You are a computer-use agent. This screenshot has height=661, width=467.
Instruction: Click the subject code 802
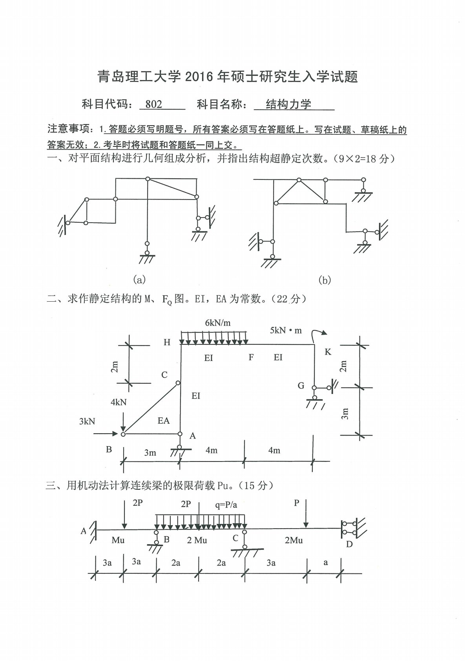(x=153, y=104)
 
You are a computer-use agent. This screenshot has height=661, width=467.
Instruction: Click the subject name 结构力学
(x=288, y=104)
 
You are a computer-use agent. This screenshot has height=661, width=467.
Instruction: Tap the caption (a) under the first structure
(x=139, y=280)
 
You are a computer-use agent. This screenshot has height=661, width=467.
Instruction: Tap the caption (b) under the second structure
(x=325, y=280)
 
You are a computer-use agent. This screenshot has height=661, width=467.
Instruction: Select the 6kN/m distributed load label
(x=218, y=323)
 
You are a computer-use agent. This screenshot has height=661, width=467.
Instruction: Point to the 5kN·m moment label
(x=286, y=330)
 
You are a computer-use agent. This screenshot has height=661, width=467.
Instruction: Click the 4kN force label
(x=119, y=402)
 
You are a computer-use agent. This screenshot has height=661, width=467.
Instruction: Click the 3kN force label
(x=87, y=421)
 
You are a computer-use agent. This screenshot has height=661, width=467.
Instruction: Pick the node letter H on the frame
(x=167, y=342)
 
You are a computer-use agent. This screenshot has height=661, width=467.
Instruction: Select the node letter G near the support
(x=301, y=386)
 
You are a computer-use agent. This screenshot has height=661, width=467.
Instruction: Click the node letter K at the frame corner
(x=328, y=352)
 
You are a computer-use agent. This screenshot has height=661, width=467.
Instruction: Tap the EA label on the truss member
(x=164, y=421)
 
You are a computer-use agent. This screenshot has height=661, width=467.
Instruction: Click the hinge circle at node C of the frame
(x=178, y=383)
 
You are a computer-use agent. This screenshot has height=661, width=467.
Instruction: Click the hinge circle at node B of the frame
(x=123, y=434)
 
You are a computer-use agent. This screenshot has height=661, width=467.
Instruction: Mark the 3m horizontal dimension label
(x=150, y=453)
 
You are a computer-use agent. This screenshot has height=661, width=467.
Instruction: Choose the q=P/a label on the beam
(x=226, y=505)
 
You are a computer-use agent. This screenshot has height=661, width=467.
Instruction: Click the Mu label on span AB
(x=118, y=540)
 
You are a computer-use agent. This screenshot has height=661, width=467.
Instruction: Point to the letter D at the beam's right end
(x=349, y=544)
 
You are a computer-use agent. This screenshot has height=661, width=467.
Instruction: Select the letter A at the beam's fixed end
(x=83, y=531)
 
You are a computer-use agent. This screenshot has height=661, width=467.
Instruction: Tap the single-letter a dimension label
(x=325, y=562)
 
